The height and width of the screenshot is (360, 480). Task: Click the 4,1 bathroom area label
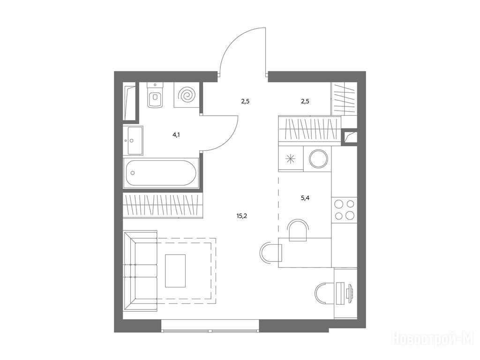176,135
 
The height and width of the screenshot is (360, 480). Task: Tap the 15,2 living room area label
242,216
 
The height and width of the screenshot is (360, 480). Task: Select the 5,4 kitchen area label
305,198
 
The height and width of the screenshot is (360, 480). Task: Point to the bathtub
161,172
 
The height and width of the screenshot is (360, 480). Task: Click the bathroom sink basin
133,141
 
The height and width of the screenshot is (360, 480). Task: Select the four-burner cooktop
345,210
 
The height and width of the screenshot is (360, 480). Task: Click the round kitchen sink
318,159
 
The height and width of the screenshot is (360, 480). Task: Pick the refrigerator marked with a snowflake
290,159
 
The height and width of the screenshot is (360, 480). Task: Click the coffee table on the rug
175,271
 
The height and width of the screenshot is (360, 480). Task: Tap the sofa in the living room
140,271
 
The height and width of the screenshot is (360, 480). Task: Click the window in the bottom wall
210,326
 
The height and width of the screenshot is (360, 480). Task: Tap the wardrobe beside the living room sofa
163,205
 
